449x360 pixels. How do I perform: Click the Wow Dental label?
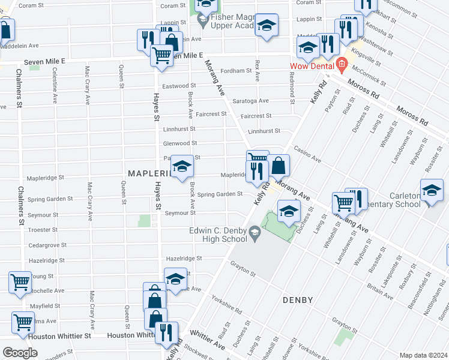[x=311, y=66]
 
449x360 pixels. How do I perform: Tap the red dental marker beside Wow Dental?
[x=341, y=63]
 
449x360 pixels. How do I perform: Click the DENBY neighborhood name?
[x=300, y=299]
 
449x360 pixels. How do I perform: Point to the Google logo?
[x=20, y=352]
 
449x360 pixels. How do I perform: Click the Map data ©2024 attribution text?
[x=423, y=355]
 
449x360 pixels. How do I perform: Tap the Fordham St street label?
[x=236, y=71]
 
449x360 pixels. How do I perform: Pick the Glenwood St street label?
[x=180, y=143]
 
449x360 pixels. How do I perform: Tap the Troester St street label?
[x=47, y=230]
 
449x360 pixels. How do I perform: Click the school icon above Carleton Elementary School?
[x=432, y=190]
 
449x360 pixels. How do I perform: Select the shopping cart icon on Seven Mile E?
[x=161, y=55]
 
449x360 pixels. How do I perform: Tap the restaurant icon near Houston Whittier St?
[x=166, y=332]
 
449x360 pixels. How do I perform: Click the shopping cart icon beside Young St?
[x=20, y=281]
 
